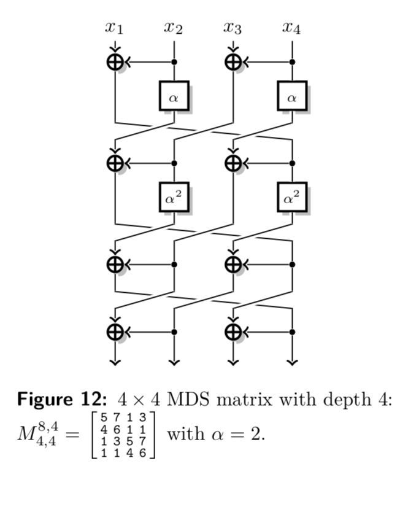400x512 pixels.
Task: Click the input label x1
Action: [x=114, y=27]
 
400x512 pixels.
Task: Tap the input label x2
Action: [x=174, y=27]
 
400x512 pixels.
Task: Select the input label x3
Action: [x=233, y=27]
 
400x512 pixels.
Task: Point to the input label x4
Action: [x=291, y=27]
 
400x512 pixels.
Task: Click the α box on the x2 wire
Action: [x=174, y=96]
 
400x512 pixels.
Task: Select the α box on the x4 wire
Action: [x=292, y=96]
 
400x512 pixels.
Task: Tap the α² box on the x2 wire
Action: [x=174, y=197]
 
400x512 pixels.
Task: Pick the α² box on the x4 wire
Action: [x=292, y=197]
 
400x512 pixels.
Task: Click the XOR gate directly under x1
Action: [x=115, y=61]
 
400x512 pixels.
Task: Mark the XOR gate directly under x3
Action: [x=233, y=61]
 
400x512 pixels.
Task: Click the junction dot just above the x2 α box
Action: [x=174, y=62]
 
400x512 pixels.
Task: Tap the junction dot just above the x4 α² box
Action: [x=292, y=163]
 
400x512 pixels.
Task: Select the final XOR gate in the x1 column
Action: [x=115, y=332]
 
